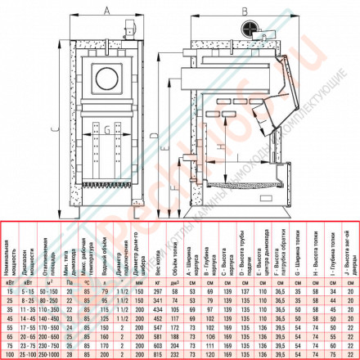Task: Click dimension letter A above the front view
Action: tap(108, 11)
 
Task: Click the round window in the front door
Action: tap(108, 78)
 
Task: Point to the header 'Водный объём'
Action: tap(106, 250)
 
